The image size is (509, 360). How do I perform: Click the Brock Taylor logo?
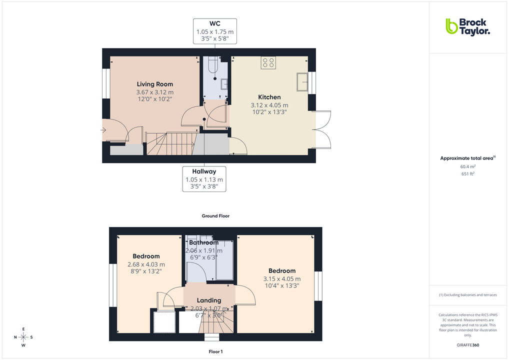pyautogui.click(x=467, y=26)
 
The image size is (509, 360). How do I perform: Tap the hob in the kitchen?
pyautogui.click(x=268, y=63)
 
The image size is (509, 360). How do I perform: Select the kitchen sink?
pyautogui.click(x=302, y=82)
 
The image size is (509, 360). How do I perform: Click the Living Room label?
pyautogui.click(x=155, y=84)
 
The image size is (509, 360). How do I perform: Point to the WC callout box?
pyautogui.click(x=214, y=31)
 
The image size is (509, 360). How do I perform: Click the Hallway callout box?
pyautogui.click(x=204, y=179)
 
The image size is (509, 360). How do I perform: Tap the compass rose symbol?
pyautogui.click(x=23, y=336)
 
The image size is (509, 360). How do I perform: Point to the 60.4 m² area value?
pyautogui.click(x=467, y=166)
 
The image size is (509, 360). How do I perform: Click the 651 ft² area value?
pyautogui.click(x=467, y=173)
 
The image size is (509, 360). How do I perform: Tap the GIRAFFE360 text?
pyautogui.click(x=467, y=345)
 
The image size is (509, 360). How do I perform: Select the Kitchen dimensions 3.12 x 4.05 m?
pyautogui.click(x=269, y=105)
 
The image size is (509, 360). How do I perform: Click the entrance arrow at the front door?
pyautogui.click(x=103, y=130)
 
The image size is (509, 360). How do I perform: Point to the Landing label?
pyautogui.click(x=209, y=300)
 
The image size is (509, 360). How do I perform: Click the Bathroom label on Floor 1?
pyautogui.click(x=204, y=242)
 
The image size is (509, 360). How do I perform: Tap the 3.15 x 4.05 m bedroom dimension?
pyautogui.click(x=282, y=279)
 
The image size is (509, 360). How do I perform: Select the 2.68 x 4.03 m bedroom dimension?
pyautogui.click(x=146, y=264)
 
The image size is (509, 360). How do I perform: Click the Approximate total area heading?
pyautogui.click(x=467, y=158)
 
